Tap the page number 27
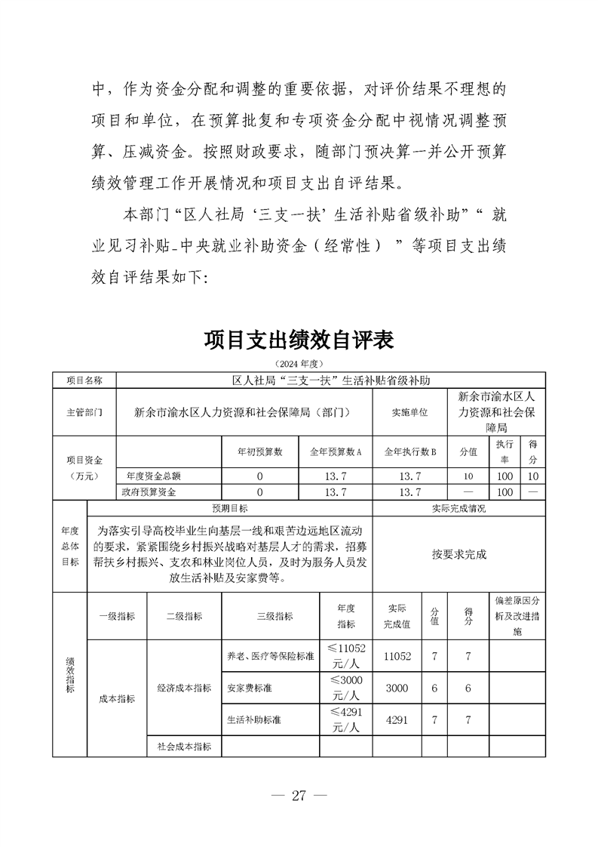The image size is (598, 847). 299,795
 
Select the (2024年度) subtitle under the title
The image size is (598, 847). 299,364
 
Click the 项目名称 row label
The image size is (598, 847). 84,380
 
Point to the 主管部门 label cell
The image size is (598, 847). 84,412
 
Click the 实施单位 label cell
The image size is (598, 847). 409,412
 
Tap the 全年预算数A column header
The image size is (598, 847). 336,451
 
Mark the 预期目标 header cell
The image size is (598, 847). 229,509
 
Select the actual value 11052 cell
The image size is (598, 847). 397,657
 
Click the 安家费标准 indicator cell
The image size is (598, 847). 247,688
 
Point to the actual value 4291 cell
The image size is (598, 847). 397,720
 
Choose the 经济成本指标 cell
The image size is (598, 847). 184,688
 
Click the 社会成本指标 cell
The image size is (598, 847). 184,746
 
